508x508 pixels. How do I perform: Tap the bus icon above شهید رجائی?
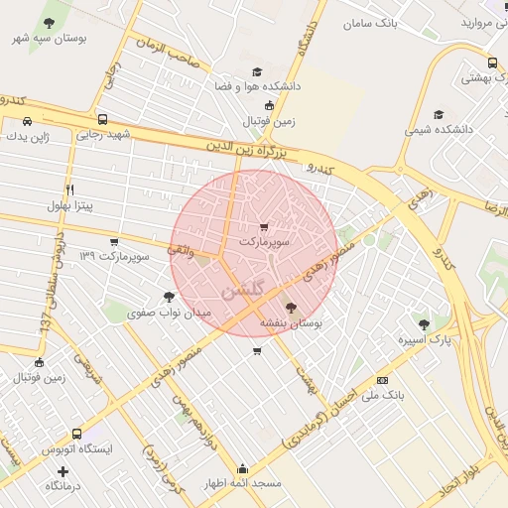tap(103, 118)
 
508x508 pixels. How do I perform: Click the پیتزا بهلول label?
tap(69, 205)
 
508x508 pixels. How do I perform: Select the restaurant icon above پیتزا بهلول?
tap(69, 189)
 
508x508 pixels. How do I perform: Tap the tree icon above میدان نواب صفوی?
tap(170, 296)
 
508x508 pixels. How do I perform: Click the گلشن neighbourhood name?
tap(244, 292)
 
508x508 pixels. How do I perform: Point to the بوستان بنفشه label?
tap(291, 322)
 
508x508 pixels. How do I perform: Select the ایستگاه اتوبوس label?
tap(77, 449)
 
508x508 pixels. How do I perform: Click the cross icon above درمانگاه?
tap(63, 471)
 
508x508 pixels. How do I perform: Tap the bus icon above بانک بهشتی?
tap(493, 63)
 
